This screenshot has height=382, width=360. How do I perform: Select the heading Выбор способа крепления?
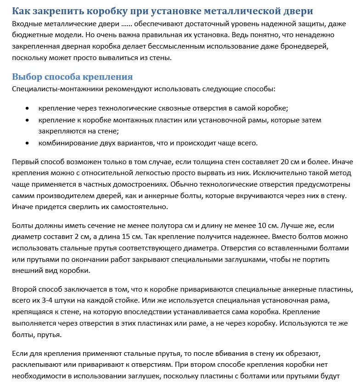click(73, 77)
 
